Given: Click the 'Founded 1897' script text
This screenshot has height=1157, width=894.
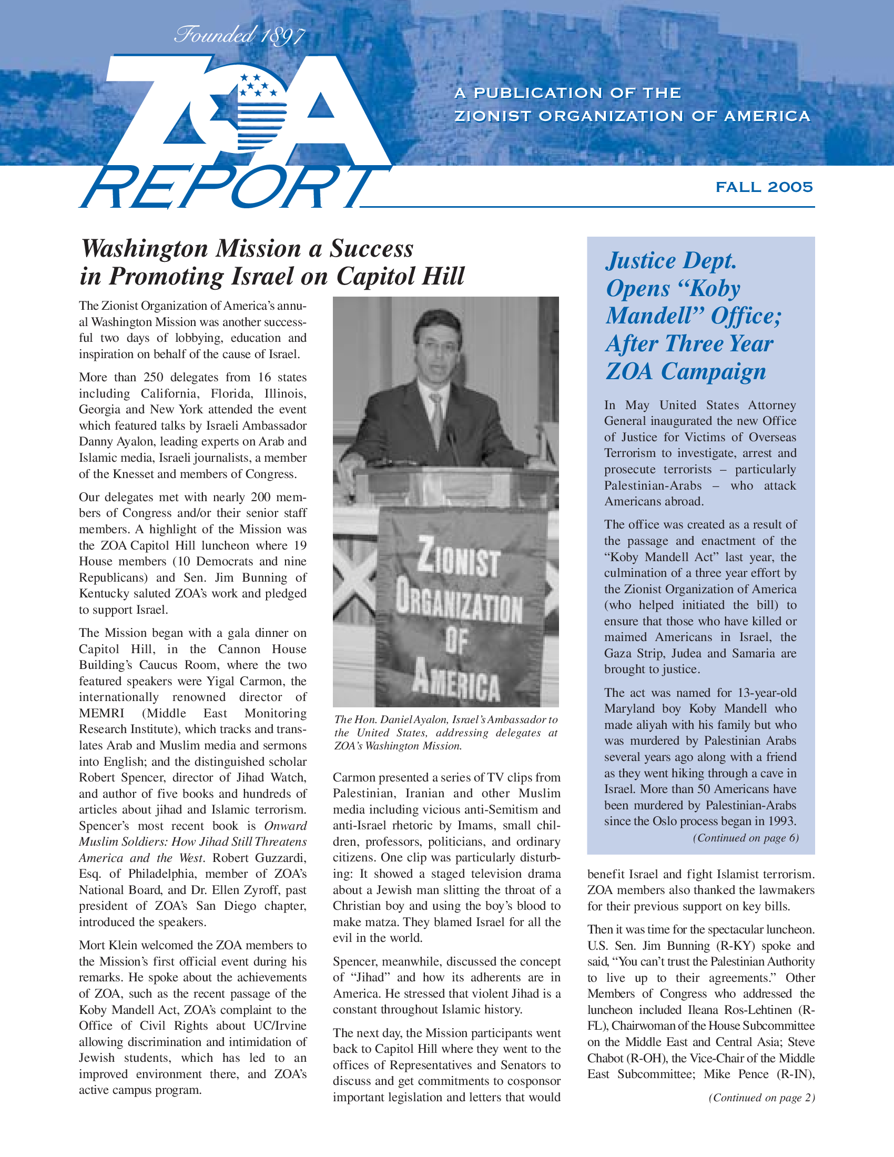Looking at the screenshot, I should (240, 36).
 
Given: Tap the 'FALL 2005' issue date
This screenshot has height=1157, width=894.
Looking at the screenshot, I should (764, 187).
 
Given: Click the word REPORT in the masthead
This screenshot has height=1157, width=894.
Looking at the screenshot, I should (228, 188).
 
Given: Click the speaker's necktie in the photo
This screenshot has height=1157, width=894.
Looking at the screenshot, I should (437, 419).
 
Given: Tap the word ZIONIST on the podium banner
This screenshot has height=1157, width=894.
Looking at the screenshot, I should (458, 563).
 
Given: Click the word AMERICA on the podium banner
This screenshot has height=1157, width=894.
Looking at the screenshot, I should (456, 684).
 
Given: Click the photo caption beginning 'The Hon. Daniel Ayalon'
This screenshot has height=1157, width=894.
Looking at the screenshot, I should (445, 733).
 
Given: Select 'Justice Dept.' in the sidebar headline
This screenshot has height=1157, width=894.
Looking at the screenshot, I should (671, 261).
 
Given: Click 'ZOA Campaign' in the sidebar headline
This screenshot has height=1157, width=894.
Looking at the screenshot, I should (685, 371).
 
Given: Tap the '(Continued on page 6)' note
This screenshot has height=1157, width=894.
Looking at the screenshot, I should (745, 838).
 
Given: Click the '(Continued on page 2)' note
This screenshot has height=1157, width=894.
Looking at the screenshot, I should (761, 1097).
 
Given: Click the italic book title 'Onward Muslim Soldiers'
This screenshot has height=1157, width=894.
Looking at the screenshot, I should (286, 826).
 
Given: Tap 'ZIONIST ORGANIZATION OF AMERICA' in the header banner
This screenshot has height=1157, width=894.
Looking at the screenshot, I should (632, 116).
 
